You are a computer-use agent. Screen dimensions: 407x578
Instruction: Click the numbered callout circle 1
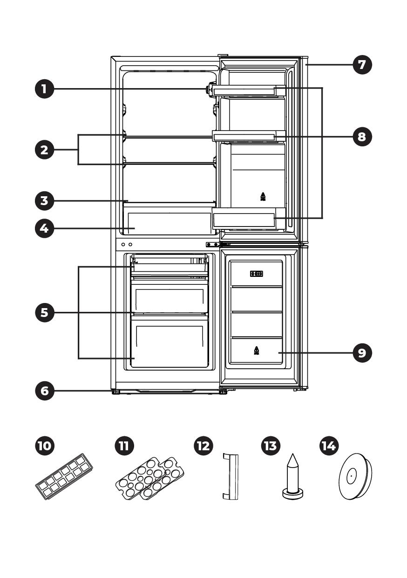(x=44, y=89)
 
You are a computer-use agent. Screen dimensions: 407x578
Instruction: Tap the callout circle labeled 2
(x=44, y=150)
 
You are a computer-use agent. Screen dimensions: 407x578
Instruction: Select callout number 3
(x=44, y=201)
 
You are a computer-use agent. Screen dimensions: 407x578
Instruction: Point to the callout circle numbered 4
(x=44, y=228)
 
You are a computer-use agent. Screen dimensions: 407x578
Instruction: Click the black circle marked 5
(x=44, y=312)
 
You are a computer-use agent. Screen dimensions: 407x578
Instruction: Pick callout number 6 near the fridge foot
(x=44, y=391)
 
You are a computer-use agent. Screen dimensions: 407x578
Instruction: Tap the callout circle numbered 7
(x=362, y=64)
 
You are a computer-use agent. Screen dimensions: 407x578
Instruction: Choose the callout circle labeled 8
(x=362, y=136)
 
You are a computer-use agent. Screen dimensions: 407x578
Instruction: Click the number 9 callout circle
(x=362, y=352)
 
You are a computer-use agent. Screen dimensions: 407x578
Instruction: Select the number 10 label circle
(x=44, y=446)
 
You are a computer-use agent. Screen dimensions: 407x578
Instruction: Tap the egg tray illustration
(x=150, y=478)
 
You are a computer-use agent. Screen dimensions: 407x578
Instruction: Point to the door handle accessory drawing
(x=231, y=477)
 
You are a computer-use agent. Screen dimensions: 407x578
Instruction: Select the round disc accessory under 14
(x=355, y=476)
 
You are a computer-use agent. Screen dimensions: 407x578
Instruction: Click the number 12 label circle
(x=203, y=446)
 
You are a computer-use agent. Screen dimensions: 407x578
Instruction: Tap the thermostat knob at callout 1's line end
(x=211, y=89)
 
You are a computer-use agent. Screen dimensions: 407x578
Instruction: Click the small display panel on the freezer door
(x=257, y=274)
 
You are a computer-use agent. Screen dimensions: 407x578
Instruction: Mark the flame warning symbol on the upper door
(x=263, y=196)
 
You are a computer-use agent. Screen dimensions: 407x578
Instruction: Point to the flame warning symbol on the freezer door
(x=256, y=351)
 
